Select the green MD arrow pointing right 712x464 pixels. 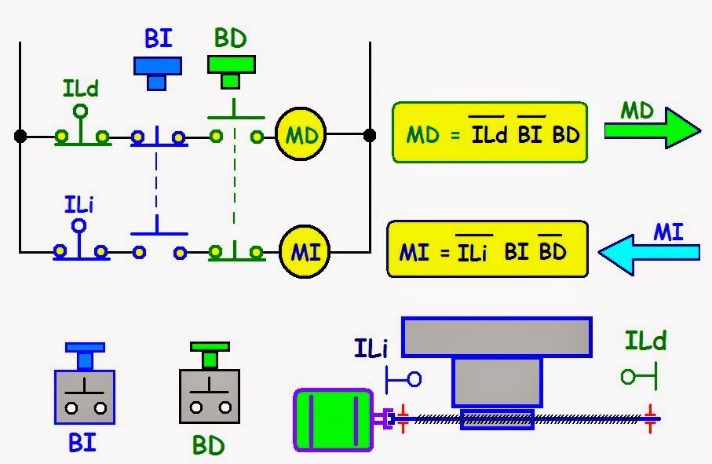(652, 131)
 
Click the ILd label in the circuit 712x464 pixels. (81, 89)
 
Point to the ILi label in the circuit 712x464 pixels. (79, 206)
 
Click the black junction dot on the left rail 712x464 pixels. (20, 137)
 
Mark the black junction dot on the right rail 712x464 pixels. (369, 136)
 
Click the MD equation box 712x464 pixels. (489, 132)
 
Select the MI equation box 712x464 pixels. (487, 250)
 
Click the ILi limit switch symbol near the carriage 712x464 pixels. (403, 379)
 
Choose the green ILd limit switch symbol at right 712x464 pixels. (638, 377)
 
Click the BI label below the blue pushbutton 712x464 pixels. (82, 442)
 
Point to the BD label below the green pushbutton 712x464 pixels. (209, 445)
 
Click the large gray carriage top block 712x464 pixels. (496, 337)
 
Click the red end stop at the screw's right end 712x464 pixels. (650, 418)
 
